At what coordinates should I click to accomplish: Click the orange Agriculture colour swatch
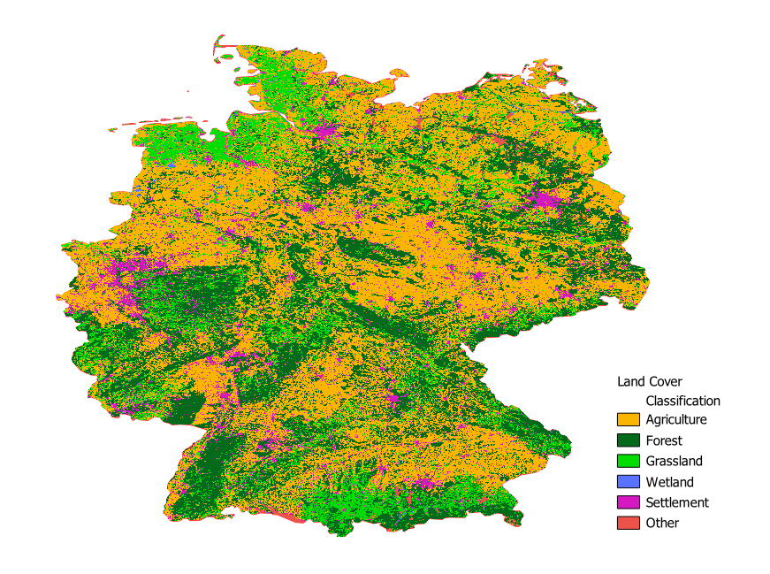click(x=628, y=419)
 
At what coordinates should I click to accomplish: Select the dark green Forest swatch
click(x=628, y=440)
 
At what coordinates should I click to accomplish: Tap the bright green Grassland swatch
click(x=628, y=461)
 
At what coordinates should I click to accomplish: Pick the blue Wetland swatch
click(x=628, y=482)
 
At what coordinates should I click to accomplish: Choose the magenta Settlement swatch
click(x=628, y=502)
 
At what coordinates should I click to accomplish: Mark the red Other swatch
click(x=628, y=523)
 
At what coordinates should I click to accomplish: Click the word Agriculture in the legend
click(x=676, y=419)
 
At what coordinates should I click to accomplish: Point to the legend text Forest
click(x=664, y=440)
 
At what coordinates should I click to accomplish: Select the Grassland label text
click(x=674, y=461)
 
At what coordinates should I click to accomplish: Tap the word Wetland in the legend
click(x=669, y=482)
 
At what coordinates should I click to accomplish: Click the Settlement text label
click(x=677, y=502)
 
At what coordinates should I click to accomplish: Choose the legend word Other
click(x=662, y=523)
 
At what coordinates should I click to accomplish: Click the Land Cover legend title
click(x=649, y=382)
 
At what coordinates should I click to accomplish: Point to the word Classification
click(x=682, y=401)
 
